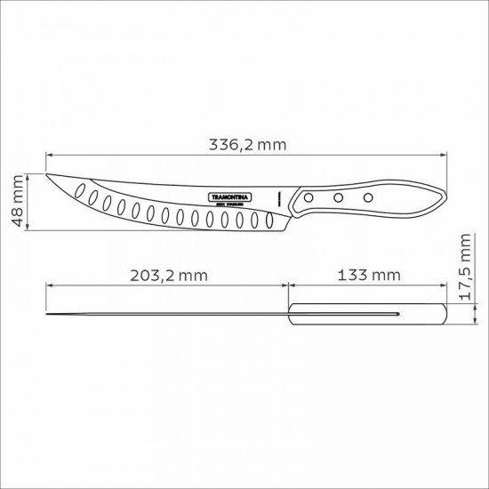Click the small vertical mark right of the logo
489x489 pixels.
coord(280,196)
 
